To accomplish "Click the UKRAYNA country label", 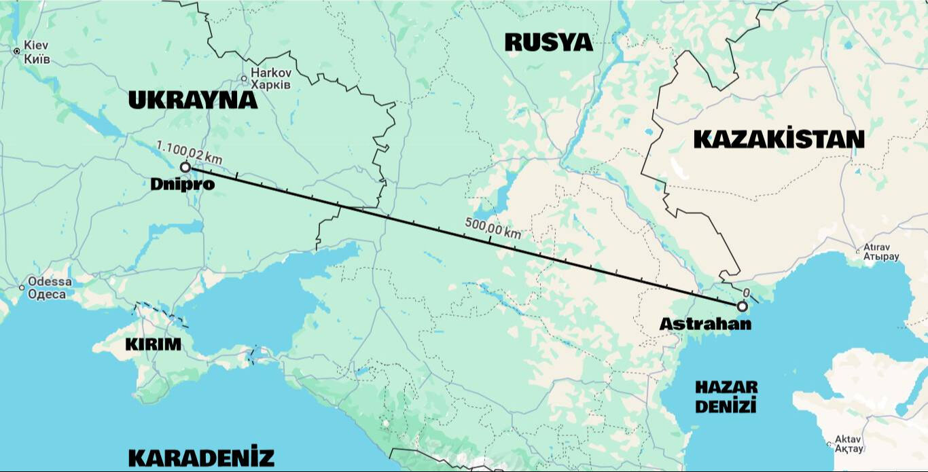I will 193,101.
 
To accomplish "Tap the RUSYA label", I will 549,42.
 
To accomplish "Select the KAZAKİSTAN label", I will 779,139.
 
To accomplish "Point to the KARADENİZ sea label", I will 201,457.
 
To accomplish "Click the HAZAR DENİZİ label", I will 726,397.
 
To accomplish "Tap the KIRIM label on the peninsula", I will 154,344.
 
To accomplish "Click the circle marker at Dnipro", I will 185,166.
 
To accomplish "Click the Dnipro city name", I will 183,184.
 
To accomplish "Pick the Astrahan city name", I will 706,324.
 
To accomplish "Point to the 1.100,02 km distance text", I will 189,151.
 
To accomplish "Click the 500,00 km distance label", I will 493,228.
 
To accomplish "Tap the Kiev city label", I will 37,52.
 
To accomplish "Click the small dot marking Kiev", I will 17,51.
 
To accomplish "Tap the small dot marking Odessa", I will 22,288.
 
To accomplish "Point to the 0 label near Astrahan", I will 747,293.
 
